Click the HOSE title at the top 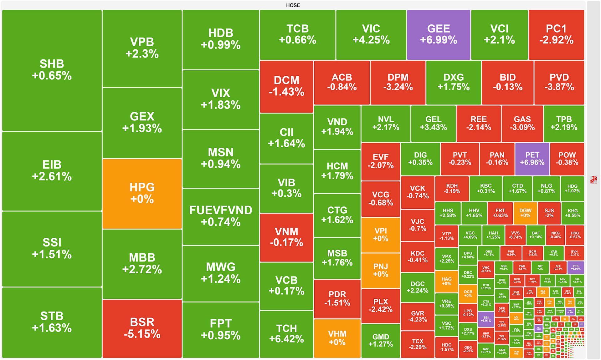[x=293, y=5]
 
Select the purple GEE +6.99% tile [x=439, y=34]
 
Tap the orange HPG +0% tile [x=142, y=193]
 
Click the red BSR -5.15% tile [x=142, y=328]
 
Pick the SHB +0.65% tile [x=52, y=70]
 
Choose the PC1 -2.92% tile [x=556, y=34]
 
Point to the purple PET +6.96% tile [x=532, y=159]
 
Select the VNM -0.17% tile [x=286, y=237]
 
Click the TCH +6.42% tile [x=286, y=333]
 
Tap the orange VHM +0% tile [x=337, y=338]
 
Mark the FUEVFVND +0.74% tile [x=221, y=216]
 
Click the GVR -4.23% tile [x=418, y=316]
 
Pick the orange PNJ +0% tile [x=381, y=270]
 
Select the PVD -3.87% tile [x=559, y=82]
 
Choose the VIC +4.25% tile [x=371, y=34]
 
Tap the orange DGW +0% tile [x=525, y=213]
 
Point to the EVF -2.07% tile [x=381, y=161]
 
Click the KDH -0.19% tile [x=452, y=188]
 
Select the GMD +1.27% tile [x=381, y=340]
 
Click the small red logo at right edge [x=593, y=180]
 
